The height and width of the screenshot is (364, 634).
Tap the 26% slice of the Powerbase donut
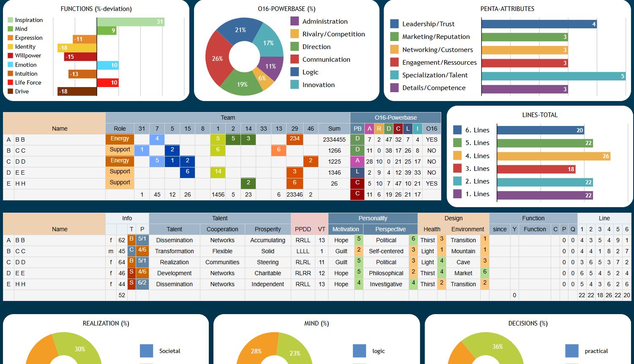217,59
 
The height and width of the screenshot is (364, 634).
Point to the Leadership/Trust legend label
428,24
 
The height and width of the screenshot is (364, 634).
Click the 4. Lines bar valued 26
553,156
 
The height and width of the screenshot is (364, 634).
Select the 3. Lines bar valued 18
536,169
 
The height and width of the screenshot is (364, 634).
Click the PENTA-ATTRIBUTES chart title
507,9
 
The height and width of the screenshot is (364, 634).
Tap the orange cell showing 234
295,139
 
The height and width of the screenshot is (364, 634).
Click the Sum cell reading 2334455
334,140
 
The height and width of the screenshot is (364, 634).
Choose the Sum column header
334,129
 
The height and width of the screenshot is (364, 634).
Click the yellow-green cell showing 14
218,172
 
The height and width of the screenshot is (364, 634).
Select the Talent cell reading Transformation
174,251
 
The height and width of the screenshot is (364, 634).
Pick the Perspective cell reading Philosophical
386,273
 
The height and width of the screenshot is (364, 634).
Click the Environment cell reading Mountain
463,251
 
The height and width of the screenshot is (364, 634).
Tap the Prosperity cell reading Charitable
268,273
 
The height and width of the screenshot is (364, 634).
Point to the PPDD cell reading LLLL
303,251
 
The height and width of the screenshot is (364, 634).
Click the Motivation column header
345,229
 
